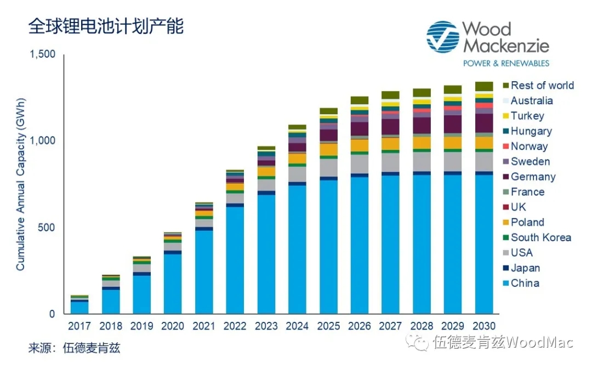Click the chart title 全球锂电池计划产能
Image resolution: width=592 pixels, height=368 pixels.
coord(106,26)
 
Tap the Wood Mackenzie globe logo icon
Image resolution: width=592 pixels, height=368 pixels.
coord(443,38)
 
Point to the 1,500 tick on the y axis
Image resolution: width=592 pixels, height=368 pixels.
coord(44,54)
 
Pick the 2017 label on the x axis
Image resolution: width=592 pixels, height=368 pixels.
coord(79,326)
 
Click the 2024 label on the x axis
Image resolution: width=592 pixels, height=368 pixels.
coord(297,326)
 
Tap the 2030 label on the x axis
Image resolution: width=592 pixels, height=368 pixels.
coord(483,326)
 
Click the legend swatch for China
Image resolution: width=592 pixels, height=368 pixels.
coord(506,284)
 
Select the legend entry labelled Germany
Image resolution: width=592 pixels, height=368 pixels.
coord(533,177)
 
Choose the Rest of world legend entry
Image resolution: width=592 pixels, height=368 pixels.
coord(542,86)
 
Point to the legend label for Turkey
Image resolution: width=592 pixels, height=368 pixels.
coord(527,116)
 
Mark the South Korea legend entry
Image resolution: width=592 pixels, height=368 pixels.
coord(540,237)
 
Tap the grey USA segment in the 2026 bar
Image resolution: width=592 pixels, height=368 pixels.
coord(360,163)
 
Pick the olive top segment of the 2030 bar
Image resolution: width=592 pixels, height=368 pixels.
coord(483,87)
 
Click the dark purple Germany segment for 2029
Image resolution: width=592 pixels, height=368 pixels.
coord(452,124)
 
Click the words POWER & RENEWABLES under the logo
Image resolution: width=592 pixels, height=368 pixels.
coord(506,64)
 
